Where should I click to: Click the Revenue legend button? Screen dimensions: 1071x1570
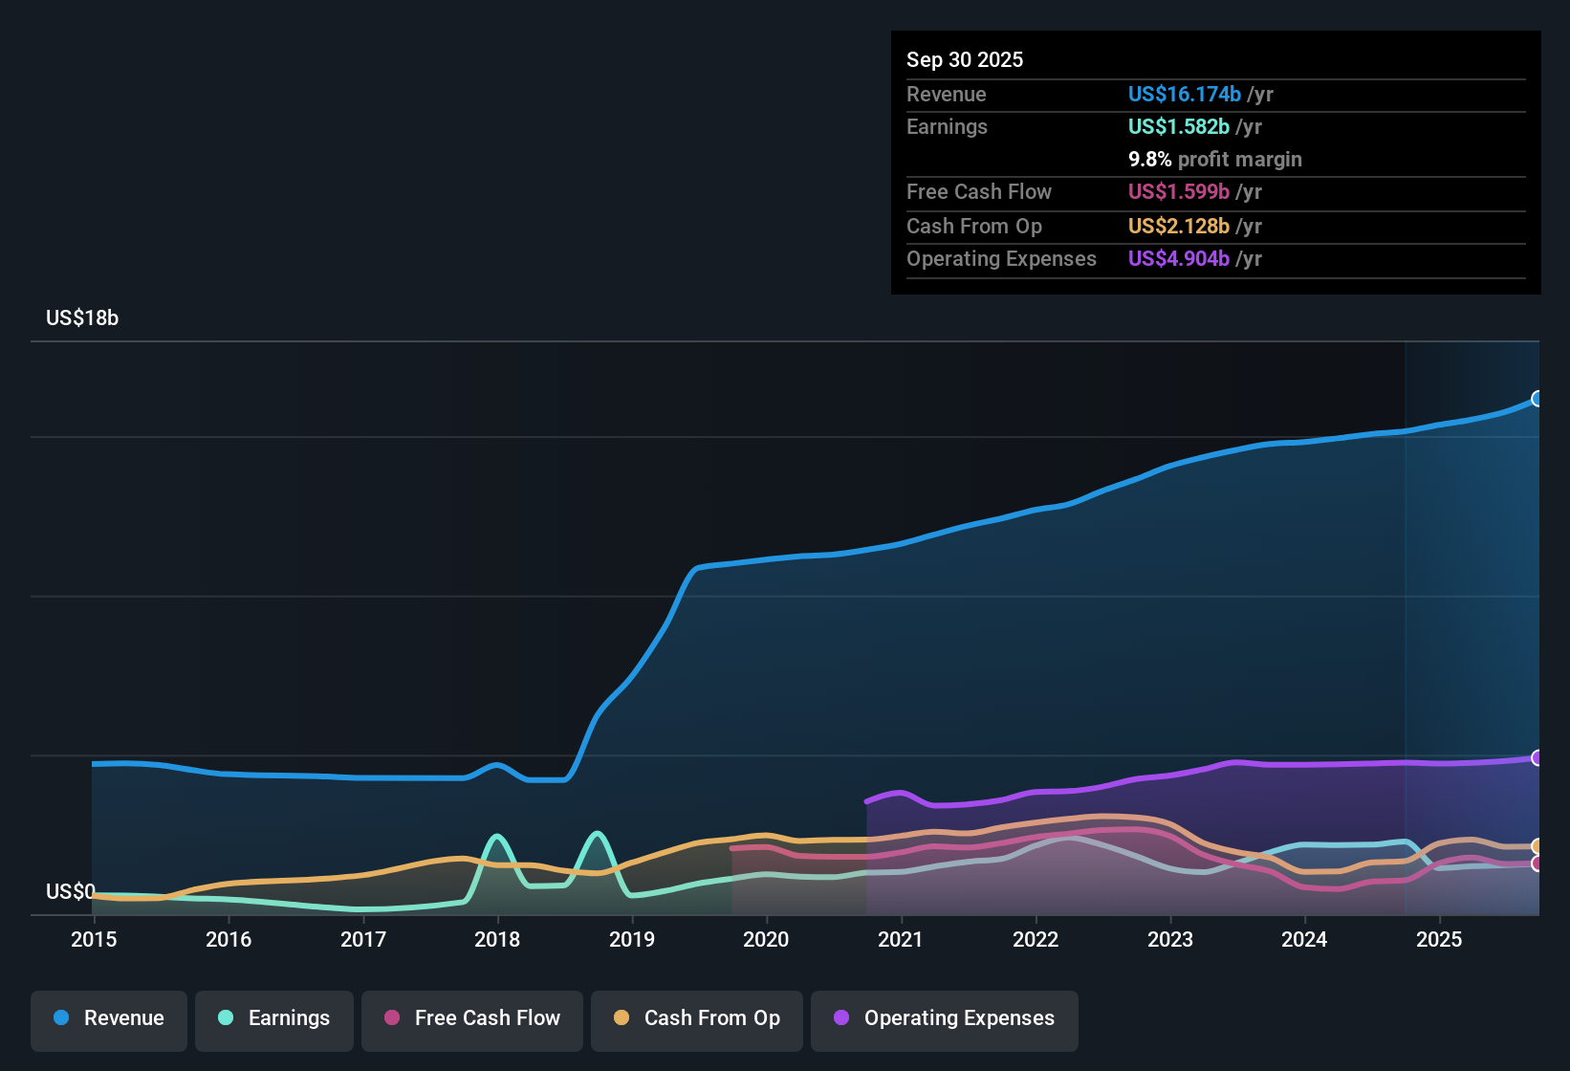[109, 1018]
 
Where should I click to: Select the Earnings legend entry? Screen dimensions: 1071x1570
[274, 1018]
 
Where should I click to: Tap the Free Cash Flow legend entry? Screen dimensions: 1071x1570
[472, 1018]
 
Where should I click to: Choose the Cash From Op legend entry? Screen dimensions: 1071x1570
[697, 1018]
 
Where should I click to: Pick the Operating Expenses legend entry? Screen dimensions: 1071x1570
[945, 1018]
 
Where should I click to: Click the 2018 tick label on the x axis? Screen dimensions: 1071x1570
[497, 939]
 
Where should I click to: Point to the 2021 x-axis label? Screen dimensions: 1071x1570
[901, 939]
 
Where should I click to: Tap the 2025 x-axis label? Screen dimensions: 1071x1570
[1439, 939]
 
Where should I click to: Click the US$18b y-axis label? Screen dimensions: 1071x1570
[82, 318]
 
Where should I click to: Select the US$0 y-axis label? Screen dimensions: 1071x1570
[70, 892]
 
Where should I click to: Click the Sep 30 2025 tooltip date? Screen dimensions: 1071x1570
[965, 60]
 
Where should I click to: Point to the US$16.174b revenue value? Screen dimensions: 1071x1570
[1184, 95]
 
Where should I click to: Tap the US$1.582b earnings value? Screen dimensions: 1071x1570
[1178, 127]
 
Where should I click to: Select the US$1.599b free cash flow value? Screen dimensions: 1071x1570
[1178, 192]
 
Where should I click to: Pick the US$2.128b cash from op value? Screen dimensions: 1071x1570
[1178, 227]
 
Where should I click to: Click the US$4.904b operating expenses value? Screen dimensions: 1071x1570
[1178, 259]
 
